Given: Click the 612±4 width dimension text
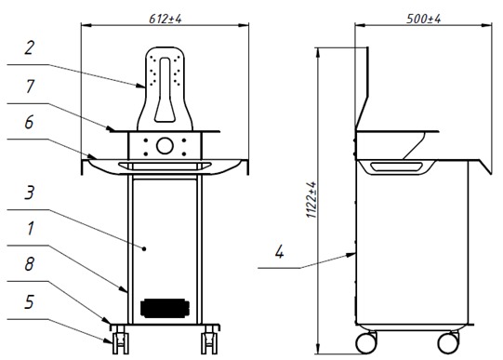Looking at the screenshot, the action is click(x=165, y=19).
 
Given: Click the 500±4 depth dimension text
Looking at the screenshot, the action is click(x=423, y=19).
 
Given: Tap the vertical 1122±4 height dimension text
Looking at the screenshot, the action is click(x=311, y=200).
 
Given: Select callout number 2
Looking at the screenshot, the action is click(x=29, y=47).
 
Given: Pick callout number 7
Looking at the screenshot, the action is click(x=30, y=87).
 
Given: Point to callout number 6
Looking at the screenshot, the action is click(x=29, y=122).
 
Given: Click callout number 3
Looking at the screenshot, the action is click(x=29, y=193).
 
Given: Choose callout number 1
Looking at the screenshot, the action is click(x=31, y=229).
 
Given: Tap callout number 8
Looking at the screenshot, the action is click(x=29, y=264).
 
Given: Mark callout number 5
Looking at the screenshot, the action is click(x=29, y=302).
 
